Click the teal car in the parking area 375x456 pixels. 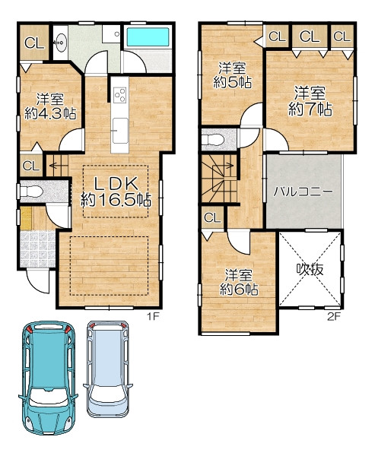[x=49, y=378]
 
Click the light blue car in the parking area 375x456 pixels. [x=108, y=369]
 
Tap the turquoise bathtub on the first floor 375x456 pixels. [x=148, y=36]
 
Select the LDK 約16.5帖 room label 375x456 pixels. [x=116, y=192]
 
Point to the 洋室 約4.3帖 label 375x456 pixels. [x=50, y=106]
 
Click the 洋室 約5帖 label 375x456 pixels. [x=232, y=75]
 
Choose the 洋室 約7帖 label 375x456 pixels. [x=310, y=101]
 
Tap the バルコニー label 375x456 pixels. [x=303, y=192]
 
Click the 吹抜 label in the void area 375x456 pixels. [x=310, y=269]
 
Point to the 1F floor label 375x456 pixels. [x=152, y=316]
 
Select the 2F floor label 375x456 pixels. [x=334, y=316]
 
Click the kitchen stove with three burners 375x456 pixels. [x=120, y=95]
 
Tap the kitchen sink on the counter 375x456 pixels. [x=120, y=131]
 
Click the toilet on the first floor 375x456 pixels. [x=31, y=192]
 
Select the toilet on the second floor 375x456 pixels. [x=213, y=140]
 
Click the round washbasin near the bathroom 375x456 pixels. [x=61, y=43]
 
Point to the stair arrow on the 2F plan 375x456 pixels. [x=222, y=166]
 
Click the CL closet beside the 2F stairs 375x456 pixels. [x=213, y=217]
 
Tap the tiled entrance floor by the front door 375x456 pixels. [x=37, y=249]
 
